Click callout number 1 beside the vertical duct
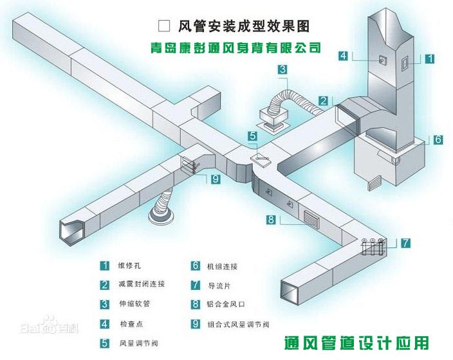430,58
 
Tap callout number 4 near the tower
344,56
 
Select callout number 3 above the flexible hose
283,69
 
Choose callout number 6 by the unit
438,139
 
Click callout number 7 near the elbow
405,243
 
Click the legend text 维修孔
128,265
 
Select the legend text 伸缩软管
133,303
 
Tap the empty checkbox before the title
163,26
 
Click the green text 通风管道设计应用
356,342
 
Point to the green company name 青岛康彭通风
232,48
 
